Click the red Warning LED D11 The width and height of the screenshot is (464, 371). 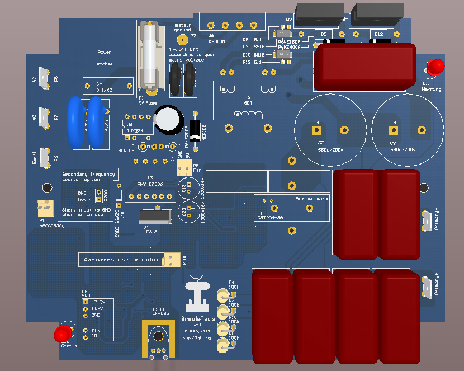click(433, 68)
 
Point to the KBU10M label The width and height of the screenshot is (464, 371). click(216, 41)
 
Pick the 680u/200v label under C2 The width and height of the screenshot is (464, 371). click(316, 150)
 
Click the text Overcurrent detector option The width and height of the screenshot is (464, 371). click(121, 260)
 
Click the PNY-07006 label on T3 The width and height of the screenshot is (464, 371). click(150, 184)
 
